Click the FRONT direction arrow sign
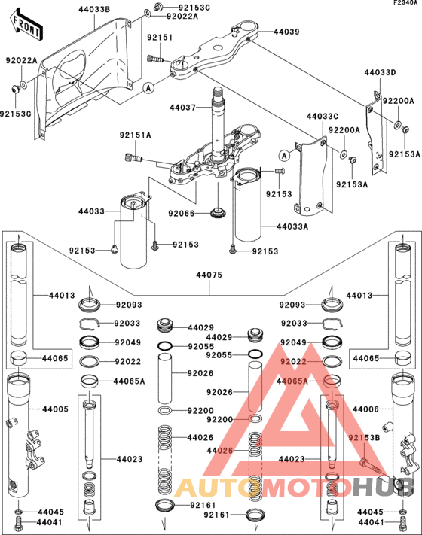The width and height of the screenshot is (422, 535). click(x=25, y=28)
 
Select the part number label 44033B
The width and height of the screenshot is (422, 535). click(x=93, y=9)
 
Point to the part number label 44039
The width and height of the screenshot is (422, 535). click(x=286, y=32)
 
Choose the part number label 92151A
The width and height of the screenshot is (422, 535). click(x=135, y=135)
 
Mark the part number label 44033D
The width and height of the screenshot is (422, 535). click(x=380, y=73)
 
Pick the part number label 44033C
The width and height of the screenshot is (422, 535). click(x=323, y=117)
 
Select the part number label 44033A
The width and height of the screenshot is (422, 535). click(x=292, y=226)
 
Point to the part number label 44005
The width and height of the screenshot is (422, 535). click(x=54, y=409)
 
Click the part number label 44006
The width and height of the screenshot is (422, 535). click(x=368, y=409)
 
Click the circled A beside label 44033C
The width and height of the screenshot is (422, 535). click(x=283, y=156)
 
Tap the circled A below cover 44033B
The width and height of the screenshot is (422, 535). click(x=149, y=87)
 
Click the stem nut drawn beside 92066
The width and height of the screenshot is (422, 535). click(x=217, y=213)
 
